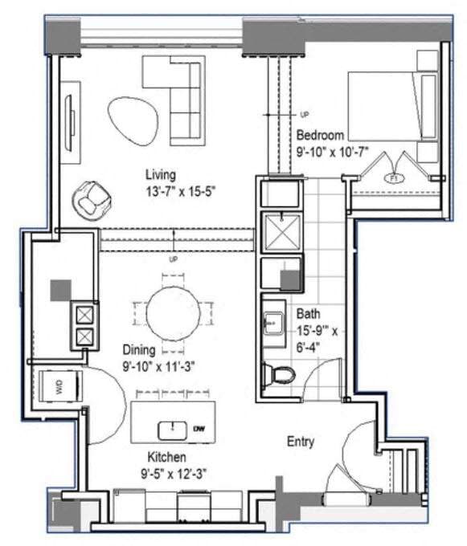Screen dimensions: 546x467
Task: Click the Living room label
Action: [161, 174]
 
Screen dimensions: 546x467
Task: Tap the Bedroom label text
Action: [320, 135]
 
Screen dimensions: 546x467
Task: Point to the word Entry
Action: [301, 442]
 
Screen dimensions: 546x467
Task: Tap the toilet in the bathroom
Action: [281, 374]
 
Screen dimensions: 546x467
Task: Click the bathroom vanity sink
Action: [271, 323]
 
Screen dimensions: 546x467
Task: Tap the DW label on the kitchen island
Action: [199, 430]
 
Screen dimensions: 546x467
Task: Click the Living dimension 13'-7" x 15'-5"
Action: [177, 190]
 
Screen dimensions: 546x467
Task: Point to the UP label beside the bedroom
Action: [304, 114]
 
